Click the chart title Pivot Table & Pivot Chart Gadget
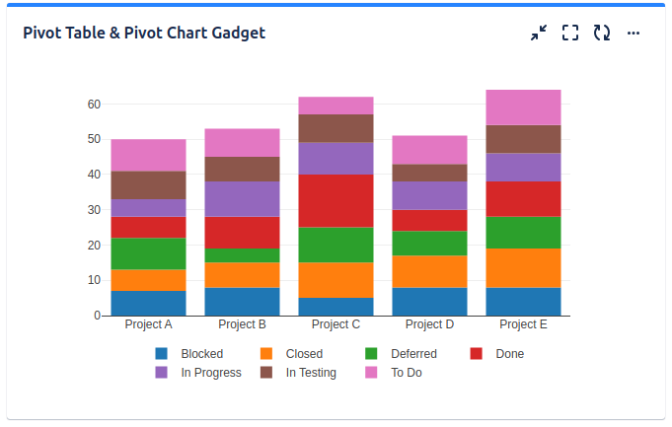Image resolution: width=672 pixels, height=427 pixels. click(144, 34)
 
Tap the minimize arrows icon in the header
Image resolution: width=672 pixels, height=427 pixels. click(539, 34)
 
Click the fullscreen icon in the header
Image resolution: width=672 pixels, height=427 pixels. click(570, 34)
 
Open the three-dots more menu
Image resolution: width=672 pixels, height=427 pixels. click(634, 34)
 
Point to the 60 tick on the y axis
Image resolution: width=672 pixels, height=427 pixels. click(94, 104)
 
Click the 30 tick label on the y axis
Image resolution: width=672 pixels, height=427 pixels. click(94, 210)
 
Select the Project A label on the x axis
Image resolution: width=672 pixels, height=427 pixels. click(149, 324)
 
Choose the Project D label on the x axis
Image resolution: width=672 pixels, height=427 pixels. click(430, 324)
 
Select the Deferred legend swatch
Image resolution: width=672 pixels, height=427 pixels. click(372, 354)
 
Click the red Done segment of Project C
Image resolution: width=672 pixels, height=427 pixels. click(336, 201)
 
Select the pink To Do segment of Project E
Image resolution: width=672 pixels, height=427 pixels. click(523, 107)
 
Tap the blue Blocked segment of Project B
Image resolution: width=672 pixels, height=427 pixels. click(242, 302)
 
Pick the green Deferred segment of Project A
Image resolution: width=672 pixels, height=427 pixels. click(148, 253)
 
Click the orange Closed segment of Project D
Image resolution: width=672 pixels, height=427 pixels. click(429, 271)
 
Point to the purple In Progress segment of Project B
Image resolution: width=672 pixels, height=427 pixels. click(242, 199)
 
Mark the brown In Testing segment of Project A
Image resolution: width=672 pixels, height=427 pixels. click(148, 185)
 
